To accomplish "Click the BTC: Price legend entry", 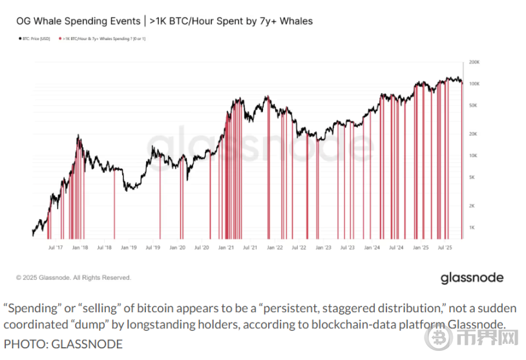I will [x=36, y=39].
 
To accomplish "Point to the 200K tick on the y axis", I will [x=474, y=63].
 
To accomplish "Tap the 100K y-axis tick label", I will [x=474, y=84].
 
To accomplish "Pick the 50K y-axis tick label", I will [x=474, y=105].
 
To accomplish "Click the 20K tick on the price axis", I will [x=474, y=134].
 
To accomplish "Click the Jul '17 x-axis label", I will [x=56, y=248].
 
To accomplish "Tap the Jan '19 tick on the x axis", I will [x=129, y=248].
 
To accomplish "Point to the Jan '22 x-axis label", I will [x=275, y=248].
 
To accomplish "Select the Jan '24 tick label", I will [x=372, y=248].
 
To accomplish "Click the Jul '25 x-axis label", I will [x=445, y=248].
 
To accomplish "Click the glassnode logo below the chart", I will [x=472, y=278].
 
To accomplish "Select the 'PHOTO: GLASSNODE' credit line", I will [x=63, y=343].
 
